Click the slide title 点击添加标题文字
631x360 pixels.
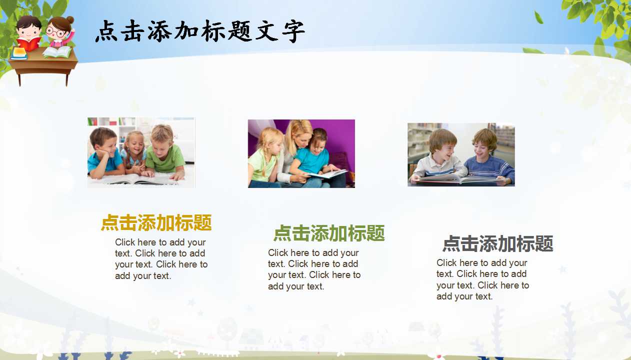point(200,31)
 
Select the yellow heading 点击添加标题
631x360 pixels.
point(156,223)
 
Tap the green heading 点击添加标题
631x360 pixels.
point(329,233)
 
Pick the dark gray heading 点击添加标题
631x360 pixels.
point(498,244)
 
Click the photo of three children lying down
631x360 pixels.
point(141,152)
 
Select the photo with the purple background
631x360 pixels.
point(301,153)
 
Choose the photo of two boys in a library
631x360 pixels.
point(461,154)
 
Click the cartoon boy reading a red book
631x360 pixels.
point(29,32)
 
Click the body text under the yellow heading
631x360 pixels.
point(161,259)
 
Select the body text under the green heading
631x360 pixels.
point(314,269)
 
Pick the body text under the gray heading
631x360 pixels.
point(482,279)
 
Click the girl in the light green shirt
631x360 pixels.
point(263,157)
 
